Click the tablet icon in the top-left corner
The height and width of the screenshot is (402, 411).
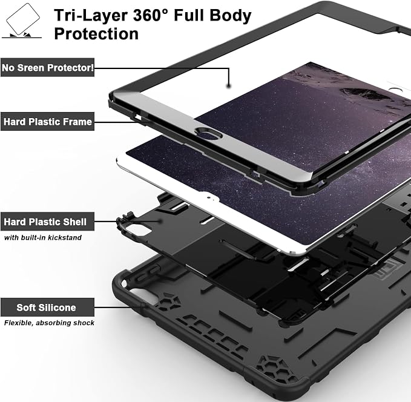tap(22, 21)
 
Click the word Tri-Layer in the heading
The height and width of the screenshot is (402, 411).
tap(91, 16)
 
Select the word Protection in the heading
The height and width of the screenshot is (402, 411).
tap(96, 34)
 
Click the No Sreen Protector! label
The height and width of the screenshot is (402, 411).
tap(47, 68)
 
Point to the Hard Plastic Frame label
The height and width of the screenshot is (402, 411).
tap(47, 122)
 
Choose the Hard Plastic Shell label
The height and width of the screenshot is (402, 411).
tap(47, 222)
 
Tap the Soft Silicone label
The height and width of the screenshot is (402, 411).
tap(47, 308)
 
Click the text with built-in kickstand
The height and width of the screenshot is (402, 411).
tap(43, 237)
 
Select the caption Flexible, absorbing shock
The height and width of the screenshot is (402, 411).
tap(49, 323)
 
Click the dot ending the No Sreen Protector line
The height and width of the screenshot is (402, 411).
tap(229, 85)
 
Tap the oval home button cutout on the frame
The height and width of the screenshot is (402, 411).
tap(208, 133)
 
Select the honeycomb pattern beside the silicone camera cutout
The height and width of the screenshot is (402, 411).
tap(168, 301)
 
